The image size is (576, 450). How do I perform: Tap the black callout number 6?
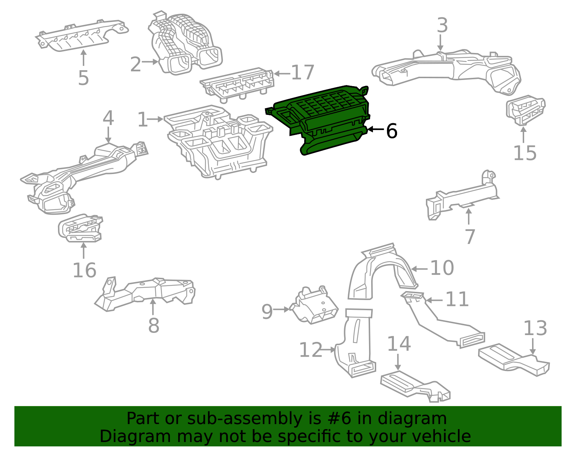coord(391,131)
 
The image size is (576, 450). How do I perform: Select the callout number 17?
coord(303,72)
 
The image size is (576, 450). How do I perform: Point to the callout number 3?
coord(442,26)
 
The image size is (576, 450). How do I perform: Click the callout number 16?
coord(84,270)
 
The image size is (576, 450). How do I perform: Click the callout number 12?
coord(311,350)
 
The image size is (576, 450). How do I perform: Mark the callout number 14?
coord(399,344)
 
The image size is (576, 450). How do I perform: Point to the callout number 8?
coord(153,326)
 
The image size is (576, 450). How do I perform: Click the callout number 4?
coord(108,119)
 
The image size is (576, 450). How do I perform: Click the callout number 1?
coord(143,120)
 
